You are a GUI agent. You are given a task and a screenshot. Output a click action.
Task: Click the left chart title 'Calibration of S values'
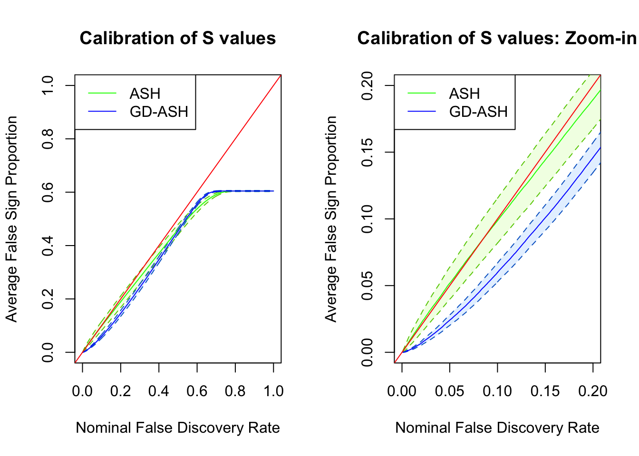pos(177,38)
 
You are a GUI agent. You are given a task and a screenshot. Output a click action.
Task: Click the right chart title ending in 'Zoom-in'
pos(496,38)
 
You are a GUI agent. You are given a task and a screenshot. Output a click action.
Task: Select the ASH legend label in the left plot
pos(145,94)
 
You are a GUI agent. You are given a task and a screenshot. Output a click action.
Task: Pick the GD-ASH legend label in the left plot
pos(159,112)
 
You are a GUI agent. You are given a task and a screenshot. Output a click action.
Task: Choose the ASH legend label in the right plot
pos(465,94)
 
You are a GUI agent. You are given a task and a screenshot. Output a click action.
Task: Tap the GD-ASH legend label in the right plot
pos(478,112)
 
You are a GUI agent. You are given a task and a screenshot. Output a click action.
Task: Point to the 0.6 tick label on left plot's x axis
pos(197,391)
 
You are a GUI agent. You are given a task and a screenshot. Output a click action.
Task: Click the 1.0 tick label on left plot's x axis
pos(273,391)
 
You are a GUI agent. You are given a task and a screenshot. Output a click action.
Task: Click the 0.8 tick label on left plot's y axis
pos(48,139)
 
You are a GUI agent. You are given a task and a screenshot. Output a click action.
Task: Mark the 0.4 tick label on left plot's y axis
pos(48,246)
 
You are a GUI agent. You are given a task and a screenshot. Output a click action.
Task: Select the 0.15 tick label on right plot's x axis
pos(545,391)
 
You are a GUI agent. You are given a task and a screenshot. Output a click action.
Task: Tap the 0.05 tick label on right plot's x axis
pos(450,391)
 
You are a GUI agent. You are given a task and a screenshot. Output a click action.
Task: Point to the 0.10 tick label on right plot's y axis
pos(367,219)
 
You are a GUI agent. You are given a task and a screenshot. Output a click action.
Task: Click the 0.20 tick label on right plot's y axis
pos(367,85)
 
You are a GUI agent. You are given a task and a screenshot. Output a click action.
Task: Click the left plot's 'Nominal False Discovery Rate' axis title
pos(178,427)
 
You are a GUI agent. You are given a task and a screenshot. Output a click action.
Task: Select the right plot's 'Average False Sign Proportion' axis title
pos(331,219)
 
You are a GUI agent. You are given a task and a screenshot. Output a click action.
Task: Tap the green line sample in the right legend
pos(422,94)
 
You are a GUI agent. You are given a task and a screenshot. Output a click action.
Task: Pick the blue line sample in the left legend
pos(102,112)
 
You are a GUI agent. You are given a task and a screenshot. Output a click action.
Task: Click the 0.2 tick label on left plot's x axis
pos(120,391)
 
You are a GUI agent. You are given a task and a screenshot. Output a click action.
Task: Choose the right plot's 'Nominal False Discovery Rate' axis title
pos(497,427)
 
